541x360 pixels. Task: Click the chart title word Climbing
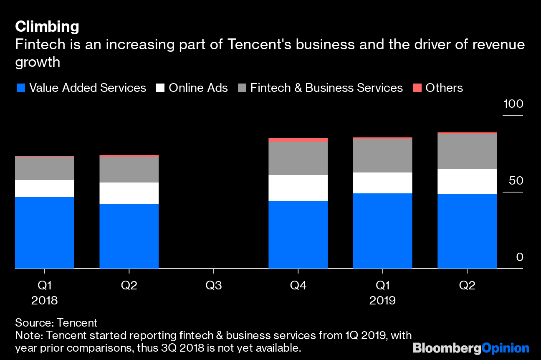pyautogui.click(x=47, y=27)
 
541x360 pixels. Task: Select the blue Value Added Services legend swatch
pyautogui.click(x=20, y=88)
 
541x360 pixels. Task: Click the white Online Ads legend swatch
pyautogui.click(x=160, y=88)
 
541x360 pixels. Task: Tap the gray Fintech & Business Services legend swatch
pyautogui.click(x=242, y=88)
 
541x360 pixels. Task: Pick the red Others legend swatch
pyautogui.click(x=417, y=88)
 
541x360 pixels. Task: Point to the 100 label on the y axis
pyautogui.click(x=513, y=104)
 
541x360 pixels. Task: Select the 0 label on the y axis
pyautogui.click(x=519, y=257)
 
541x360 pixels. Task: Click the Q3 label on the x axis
pyautogui.click(x=214, y=286)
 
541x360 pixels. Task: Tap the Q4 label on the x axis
pyautogui.click(x=298, y=286)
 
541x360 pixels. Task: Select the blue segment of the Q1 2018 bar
pyautogui.click(x=45, y=232)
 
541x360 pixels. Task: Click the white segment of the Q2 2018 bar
pyautogui.click(x=129, y=193)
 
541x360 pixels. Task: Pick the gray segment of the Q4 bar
pyautogui.click(x=298, y=158)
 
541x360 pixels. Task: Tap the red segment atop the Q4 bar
pyautogui.click(x=298, y=140)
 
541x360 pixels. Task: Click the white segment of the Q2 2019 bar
pyautogui.click(x=467, y=182)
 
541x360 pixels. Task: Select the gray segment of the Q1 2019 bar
pyautogui.click(x=382, y=156)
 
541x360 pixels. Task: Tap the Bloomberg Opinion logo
pyautogui.click(x=471, y=348)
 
